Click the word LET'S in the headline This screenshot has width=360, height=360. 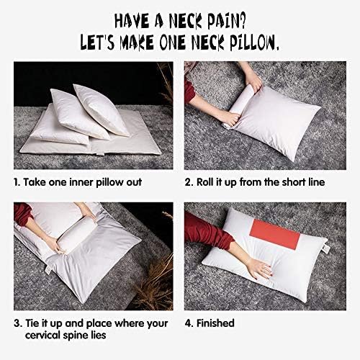click(x=99, y=42)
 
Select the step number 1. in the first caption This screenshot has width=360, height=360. click(x=17, y=182)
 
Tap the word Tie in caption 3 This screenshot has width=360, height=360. click(x=32, y=323)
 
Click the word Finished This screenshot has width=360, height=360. click(x=215, y=323)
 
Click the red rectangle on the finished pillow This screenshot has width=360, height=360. click(x=275, y=234)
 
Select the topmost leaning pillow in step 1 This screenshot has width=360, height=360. click(x=101, y=109)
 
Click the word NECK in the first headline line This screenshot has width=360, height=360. click(x=186, y=22)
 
